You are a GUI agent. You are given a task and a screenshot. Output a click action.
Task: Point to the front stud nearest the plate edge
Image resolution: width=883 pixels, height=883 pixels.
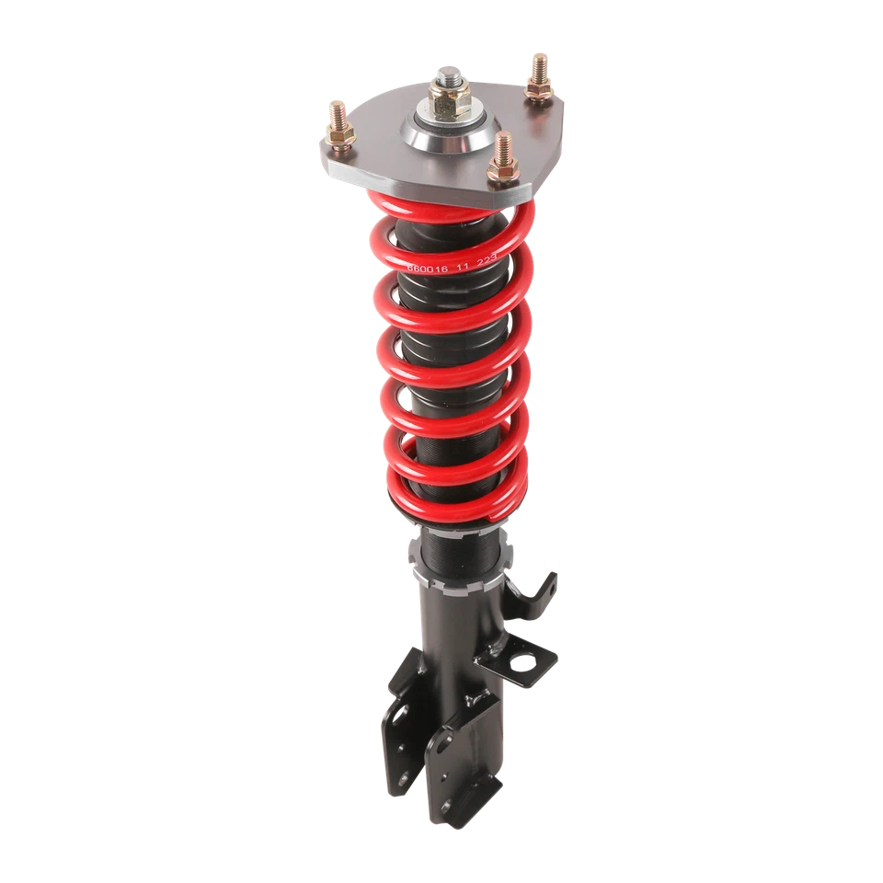(x=502, y=155)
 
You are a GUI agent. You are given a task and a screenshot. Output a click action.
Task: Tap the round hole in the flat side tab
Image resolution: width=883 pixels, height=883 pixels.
(x=525, y=660)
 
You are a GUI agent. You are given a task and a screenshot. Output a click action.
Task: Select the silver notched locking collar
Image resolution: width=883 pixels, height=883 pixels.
(x=460, y=580)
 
